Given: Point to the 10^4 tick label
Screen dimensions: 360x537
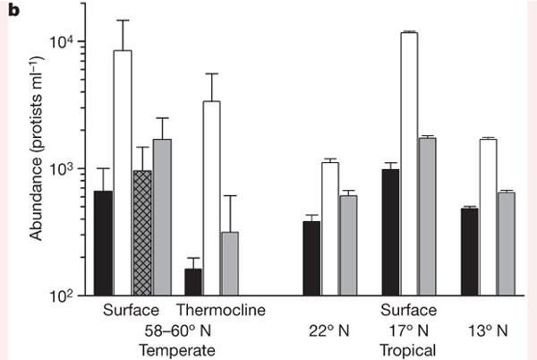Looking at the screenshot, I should pyautogui.click(x=69, y=41).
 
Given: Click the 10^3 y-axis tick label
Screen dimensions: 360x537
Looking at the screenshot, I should pyautogui.click(x=69, y=168).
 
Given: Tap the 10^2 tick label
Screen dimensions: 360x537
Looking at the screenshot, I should pyautogui.click(x=69, y=296).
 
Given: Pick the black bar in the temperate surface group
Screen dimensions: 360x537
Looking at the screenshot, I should pyautogui.click(x=103, y=243).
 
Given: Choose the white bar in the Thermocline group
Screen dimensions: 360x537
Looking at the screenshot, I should pyautogui.click(x=212, y=198).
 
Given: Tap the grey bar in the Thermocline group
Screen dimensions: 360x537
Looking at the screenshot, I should pyautogui.click(x=231, y=263).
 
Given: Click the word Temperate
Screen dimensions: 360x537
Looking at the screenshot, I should pyautogui.click(x=175, y=348).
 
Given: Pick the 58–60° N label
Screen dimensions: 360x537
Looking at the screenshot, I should pyautogui.click(x=175, y=330).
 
